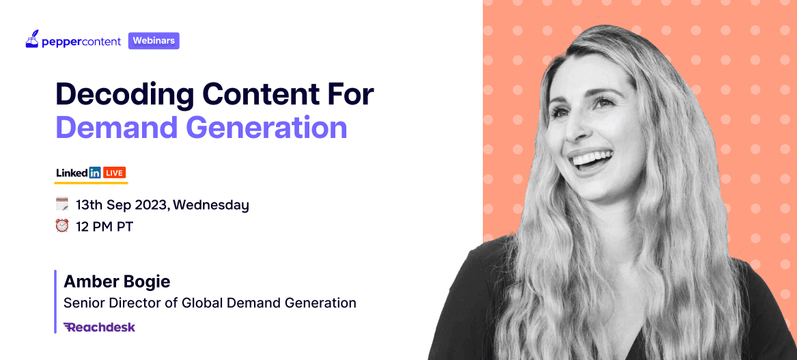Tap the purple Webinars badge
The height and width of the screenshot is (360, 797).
(x=154, y=41)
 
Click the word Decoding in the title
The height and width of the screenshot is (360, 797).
(x=124, y=94)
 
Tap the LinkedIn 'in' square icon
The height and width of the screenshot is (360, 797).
(x=94, y=173)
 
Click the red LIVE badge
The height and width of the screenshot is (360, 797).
(x=114, y=173)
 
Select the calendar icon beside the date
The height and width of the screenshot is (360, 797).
(x=62, y=205)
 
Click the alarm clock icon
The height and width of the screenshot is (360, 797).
(x=62, y=225)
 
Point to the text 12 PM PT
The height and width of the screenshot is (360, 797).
(x=104, y=226)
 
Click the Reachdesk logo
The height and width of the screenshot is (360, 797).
(x=100, y=327)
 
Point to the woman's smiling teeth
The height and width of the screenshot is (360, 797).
(x=591, y=160)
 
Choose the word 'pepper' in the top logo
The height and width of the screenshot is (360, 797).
(x=59, y=42)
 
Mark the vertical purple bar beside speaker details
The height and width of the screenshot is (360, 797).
(x=55, y=301)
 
